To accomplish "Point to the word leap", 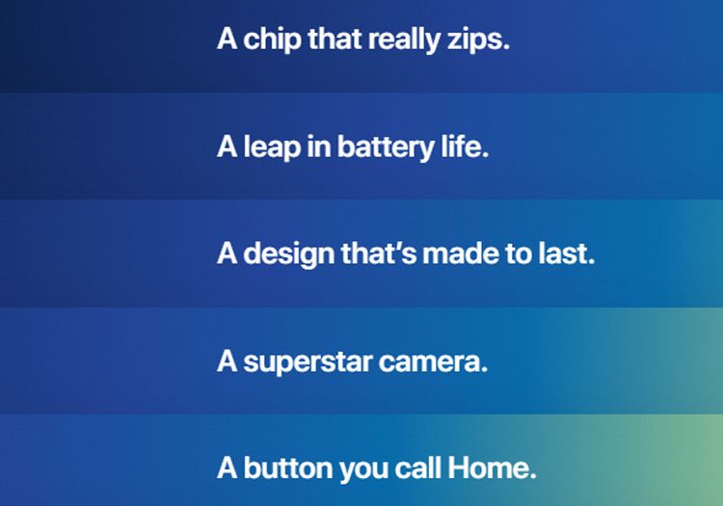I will [x=271, y=148].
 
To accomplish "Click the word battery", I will [x=380, y=148].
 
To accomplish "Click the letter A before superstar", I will [x=228, y=362].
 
